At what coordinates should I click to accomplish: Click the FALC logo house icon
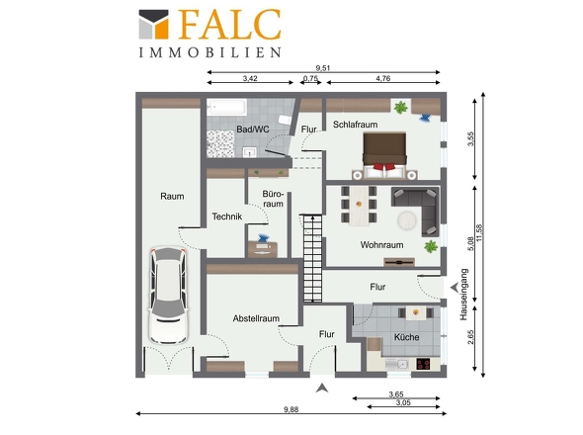[153, 25]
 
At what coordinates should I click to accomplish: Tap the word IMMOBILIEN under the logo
[210, 52]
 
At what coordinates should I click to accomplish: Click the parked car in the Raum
[168, 295]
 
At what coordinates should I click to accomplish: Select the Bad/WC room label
[253, 130]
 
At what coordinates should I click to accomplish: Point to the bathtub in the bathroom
[227, 107]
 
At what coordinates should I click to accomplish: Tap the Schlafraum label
[355, 125]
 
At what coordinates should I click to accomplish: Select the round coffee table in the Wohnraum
[407, 221]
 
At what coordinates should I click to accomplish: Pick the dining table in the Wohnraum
[359, 206]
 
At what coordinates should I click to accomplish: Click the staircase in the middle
[312, 258]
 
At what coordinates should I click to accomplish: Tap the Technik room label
[227, 217]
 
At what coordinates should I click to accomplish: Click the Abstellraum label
[256, 318]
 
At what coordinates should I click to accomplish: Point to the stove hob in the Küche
[423, 364]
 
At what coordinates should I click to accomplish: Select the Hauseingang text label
[463, 295]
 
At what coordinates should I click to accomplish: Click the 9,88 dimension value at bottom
[291, 409]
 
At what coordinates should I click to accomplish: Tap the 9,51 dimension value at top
[323, 68]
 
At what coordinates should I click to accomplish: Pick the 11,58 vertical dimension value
[479, 233]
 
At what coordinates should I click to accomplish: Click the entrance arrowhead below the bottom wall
[322, 389]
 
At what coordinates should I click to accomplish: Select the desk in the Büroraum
[263, 250]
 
